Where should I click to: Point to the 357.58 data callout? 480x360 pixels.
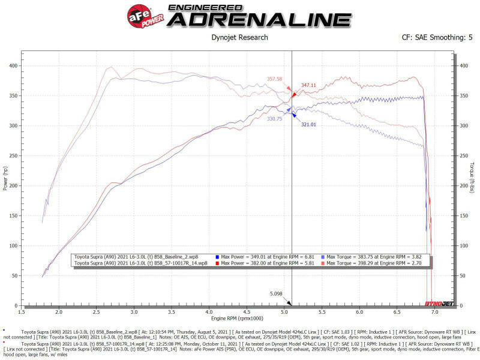[274, 79]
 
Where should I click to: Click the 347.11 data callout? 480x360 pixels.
[309, 86]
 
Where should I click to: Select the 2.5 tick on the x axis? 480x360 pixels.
[96, 313]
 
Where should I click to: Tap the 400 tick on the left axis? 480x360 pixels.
[13, 65]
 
